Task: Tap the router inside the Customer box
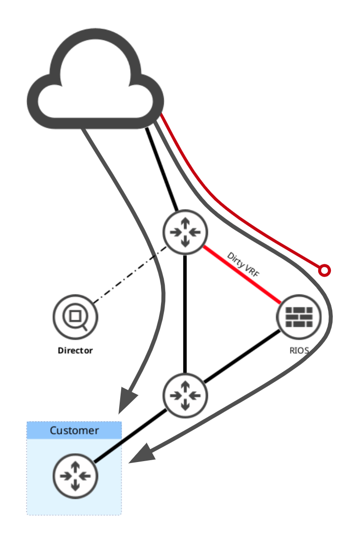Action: (75, 476)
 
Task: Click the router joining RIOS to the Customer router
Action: (185, 395)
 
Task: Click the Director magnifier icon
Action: (75, 316)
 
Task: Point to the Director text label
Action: (75, 350)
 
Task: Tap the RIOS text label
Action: (299, 350)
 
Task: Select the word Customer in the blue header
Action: (74, 431)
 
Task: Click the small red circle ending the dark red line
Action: (324, 270)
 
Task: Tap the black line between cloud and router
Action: (162, 169)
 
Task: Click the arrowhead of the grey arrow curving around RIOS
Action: (141, 455)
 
